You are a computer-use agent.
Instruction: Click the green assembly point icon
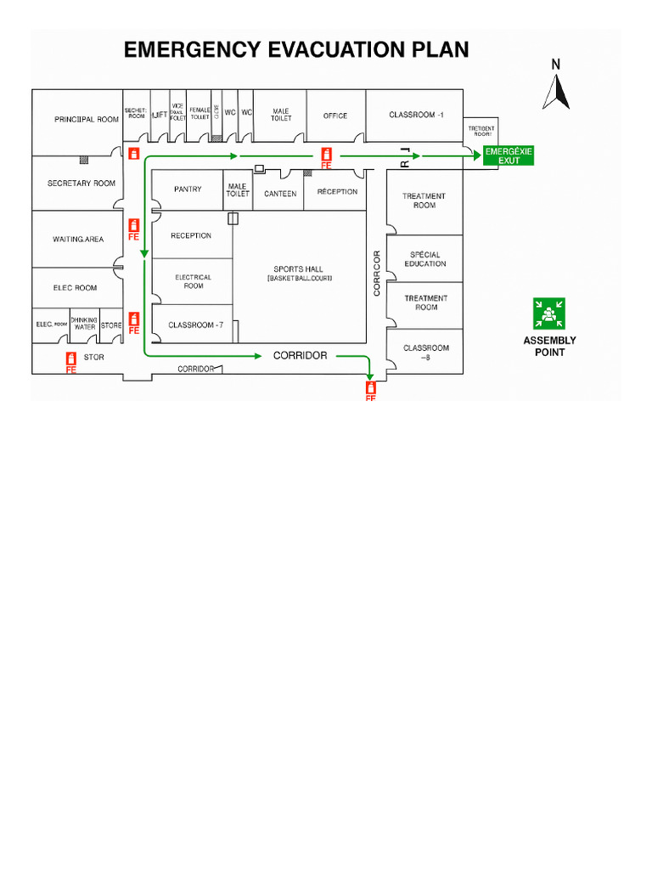coord(549,314)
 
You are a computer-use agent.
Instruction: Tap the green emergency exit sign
coord(509,155)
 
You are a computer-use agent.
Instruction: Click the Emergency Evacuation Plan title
coord(296,50)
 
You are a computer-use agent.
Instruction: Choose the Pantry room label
coord(188,189)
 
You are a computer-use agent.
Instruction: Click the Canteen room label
coord(280,194)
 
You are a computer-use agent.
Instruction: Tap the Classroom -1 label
coord(416,115)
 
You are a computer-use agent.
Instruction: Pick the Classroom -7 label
coord(195,325)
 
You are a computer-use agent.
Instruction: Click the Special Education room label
coord(425,259)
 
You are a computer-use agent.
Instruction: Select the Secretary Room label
coord(81,184)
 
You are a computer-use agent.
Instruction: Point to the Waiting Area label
coord(78,240)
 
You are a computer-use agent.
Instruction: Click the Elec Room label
coord(75,288)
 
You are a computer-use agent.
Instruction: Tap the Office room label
coord(335,116)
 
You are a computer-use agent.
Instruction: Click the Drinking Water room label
coord(85,324)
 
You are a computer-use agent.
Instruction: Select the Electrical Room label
coord(194,281)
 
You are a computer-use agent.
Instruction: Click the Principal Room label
coord(87,120)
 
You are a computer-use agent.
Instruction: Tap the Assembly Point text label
coord(549,346)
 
